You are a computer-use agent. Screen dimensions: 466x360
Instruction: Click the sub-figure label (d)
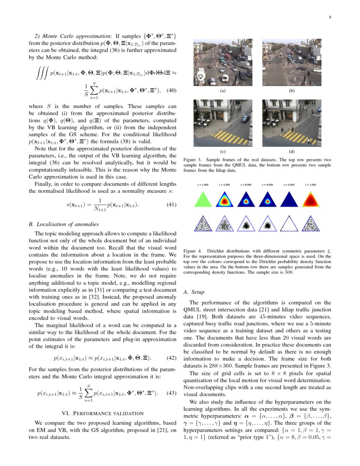(x=292, y=151)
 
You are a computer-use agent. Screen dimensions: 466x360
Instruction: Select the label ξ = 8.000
(x=246, y=185)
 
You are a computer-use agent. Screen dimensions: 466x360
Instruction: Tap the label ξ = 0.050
(x=289, y=185)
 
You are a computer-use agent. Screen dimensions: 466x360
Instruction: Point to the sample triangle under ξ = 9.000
(x=267, y=224)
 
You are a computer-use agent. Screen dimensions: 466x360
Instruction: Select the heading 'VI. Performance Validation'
(x=102, y=413)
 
